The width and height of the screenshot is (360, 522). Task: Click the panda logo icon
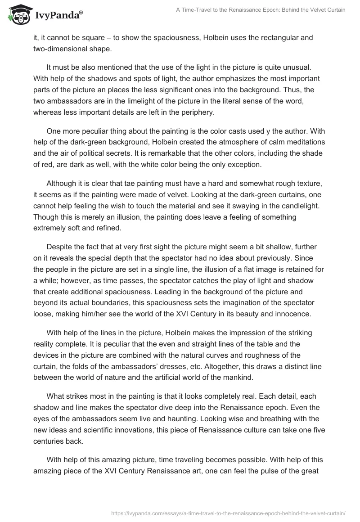(18, 14)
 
